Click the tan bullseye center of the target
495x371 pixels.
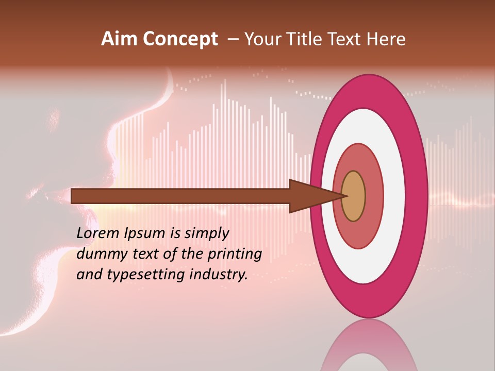pos(353,196)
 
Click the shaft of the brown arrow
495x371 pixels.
pos(180,196)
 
